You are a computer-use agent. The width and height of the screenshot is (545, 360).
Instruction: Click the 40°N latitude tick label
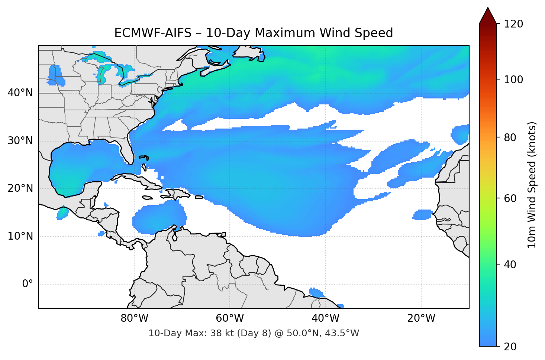click(20, 93)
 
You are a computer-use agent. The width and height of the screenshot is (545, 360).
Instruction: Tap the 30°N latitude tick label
click(20, 141)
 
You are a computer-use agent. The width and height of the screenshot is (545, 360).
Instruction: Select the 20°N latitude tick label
click(20, 188)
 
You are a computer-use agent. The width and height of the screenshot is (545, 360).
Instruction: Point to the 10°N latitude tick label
click(20, 236)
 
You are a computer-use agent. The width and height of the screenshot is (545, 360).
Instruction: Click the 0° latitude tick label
click(28, 284)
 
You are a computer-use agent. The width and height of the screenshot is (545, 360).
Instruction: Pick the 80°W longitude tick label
click(134, 318)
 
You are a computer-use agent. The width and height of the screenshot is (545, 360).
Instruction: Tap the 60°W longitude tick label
click(230, 318)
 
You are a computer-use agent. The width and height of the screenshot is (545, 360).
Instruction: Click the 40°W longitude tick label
click(325, 318)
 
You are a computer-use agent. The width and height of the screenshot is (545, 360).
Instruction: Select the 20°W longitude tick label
click(421, 318)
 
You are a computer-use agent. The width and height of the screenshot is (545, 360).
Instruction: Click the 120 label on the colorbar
click(513, 24)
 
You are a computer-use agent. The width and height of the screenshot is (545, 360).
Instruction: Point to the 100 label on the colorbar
click(513, 80)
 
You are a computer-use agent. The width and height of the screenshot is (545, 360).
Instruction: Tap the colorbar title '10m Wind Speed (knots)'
click(532, 185)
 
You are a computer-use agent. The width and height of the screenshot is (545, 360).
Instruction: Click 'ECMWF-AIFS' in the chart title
click(152, 33)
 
